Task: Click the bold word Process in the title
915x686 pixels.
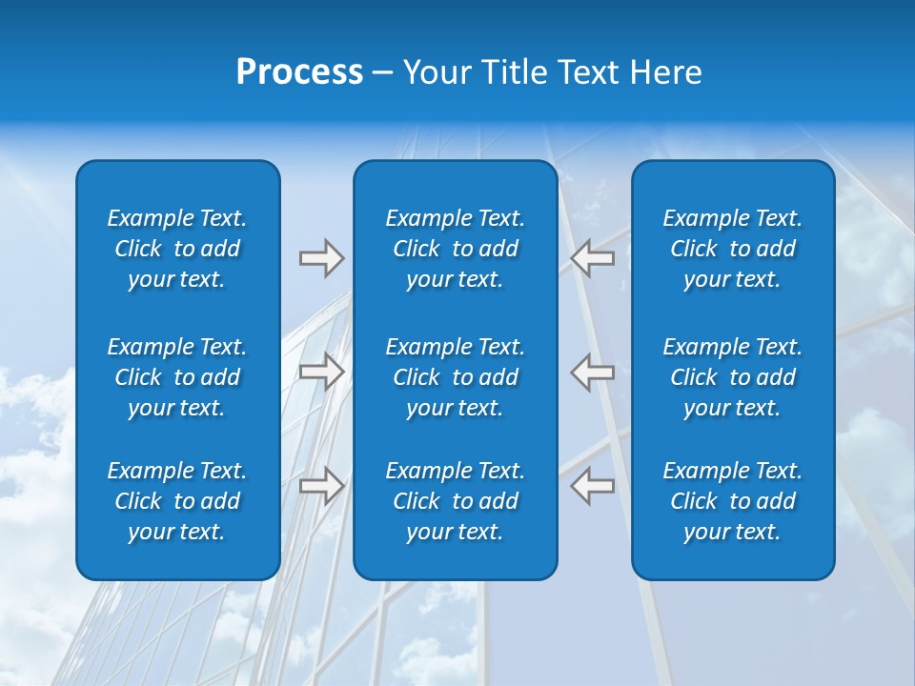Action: click(299, 72)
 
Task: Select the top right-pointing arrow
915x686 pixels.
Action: click(321, 258)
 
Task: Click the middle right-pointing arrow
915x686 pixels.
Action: click(321, 372)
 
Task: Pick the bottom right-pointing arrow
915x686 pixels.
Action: click(321, 486)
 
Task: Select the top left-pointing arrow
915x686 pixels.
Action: click(593, 258)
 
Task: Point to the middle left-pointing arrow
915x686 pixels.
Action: click(593, 372)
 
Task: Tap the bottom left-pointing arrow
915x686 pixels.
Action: click(593, 486)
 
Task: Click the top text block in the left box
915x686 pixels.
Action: click(177, 249)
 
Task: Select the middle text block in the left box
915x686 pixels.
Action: click(177, 377)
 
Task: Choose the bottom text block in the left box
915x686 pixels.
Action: click(177, 501)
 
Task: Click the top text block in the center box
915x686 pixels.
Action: click(456, 249)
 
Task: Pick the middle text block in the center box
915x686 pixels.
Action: click(456, 377)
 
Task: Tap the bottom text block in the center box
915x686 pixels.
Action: click(456, 501)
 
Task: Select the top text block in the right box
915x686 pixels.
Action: click(733, 249)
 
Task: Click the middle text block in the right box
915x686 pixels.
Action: click(733, 377)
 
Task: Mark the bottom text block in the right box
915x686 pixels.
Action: click(733, 501)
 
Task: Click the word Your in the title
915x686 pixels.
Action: click(435, 72)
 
